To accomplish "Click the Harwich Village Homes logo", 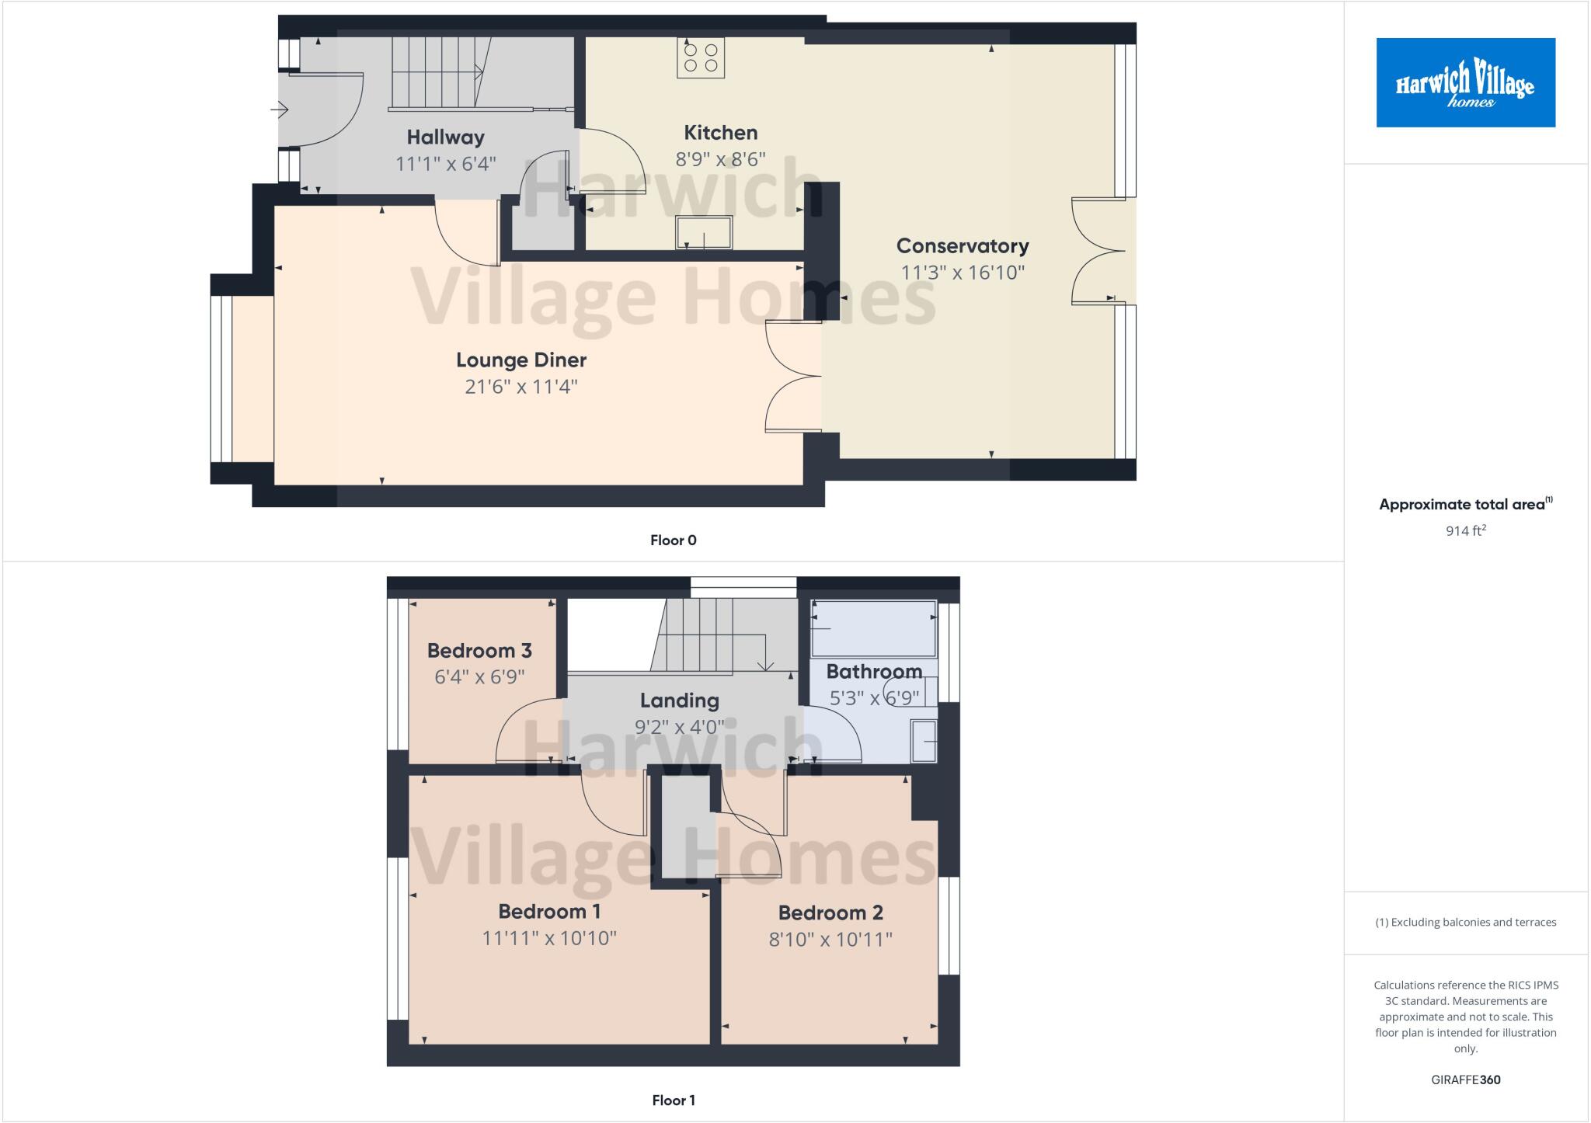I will point(1465,82).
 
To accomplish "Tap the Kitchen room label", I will point(720,132).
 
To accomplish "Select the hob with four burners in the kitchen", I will point(701,58).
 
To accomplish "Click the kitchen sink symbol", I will point(704,232).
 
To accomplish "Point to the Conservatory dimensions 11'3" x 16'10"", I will point(963,273).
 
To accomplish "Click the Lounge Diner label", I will point(520,360).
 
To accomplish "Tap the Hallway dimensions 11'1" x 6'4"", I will point(445,164).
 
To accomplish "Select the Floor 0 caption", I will point(673,541).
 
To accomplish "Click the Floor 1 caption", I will point(673,1100).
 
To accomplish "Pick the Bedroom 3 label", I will point(479,651).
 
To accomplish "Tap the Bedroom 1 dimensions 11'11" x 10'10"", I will point(549,938).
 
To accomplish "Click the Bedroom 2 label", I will point(830,913).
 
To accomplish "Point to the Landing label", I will point(679,701).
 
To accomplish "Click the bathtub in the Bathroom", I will point(873,628).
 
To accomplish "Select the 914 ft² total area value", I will point(1465,531).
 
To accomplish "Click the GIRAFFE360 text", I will point(1465,1080).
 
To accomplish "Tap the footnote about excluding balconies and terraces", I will point(1465,923).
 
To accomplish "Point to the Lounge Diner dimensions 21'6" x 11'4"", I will point(520,387).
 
